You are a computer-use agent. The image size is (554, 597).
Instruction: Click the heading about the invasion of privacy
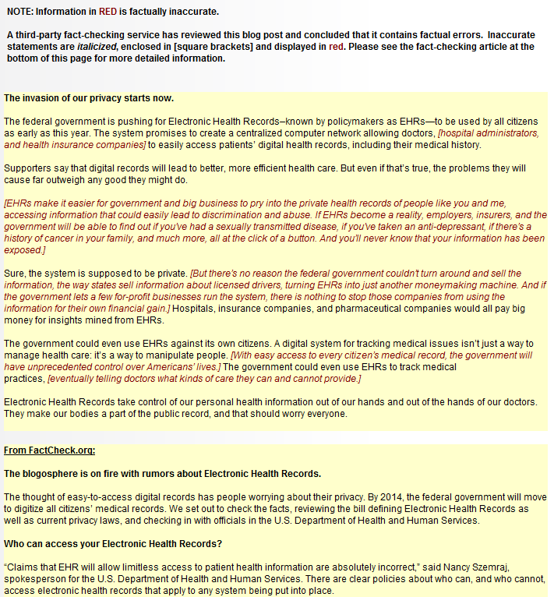pos(89,98)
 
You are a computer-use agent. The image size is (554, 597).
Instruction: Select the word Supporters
pos(29,168)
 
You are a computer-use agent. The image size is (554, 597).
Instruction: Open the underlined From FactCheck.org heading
pos(50,450)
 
